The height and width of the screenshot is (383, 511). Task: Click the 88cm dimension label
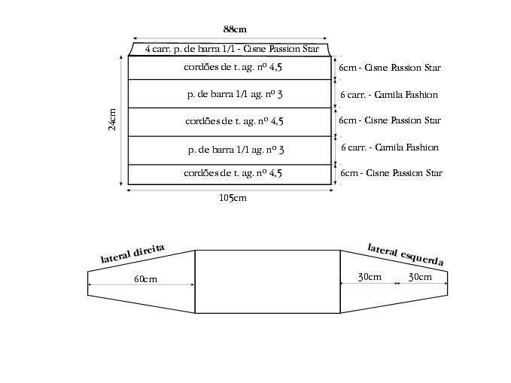(x=234, y=29)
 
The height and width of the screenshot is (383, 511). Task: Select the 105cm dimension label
(x=233, y=198)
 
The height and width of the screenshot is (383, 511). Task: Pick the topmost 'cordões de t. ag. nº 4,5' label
(x=233, y=68)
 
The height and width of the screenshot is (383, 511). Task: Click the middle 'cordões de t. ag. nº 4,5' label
(x=234, y=120)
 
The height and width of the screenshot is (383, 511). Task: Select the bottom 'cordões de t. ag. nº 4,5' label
(x=233, y=173)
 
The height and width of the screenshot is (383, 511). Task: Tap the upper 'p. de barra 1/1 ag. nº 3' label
(x=235, y=95)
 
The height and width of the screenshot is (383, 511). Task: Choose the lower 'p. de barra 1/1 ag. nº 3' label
(x=236, y=149)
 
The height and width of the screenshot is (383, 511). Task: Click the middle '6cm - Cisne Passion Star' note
(x=390, y=120)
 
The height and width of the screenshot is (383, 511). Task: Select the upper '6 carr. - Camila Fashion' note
(x=389, y=95)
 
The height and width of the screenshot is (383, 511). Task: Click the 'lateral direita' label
(x=132, y=254)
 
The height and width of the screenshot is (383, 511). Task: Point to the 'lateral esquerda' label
(x=405, y=254)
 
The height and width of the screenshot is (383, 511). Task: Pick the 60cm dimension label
(x=145, y=279)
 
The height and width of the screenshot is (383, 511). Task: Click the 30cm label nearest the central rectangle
(x=370, y=277)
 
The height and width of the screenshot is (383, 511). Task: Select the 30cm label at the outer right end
(x=420, y=277)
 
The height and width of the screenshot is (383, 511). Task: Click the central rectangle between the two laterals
(x=267, y=281)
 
